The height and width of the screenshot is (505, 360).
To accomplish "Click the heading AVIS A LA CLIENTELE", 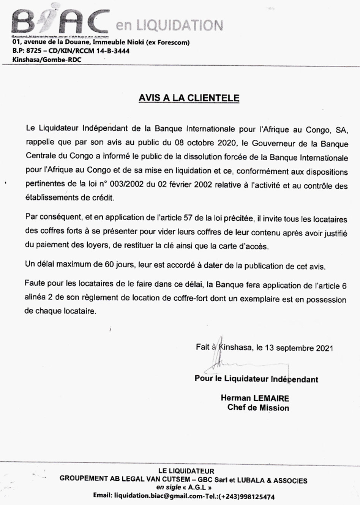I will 189,98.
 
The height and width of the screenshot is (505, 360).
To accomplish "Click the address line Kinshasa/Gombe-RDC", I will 47,60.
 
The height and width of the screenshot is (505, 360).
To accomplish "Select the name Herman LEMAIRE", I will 254,398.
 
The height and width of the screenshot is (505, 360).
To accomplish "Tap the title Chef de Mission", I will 258,408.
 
